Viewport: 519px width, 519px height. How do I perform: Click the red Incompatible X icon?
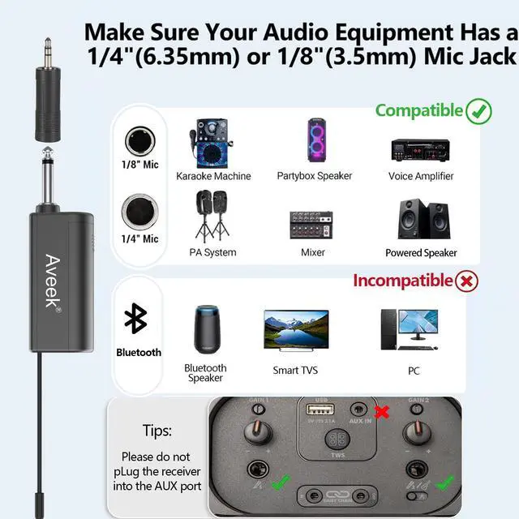tap(468, 281)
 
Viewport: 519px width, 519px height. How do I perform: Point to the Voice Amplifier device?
tap(420, 148)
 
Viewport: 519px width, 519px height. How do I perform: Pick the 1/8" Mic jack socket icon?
tap(139, 142)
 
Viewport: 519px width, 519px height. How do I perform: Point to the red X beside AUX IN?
tap(381, 412)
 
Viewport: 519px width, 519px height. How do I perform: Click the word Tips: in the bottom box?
tap(157, 431)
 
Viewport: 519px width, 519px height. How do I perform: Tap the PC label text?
tap(414, 370)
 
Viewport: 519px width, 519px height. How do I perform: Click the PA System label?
tap(212, 252)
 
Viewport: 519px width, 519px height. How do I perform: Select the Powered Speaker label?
tap(421, 253)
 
